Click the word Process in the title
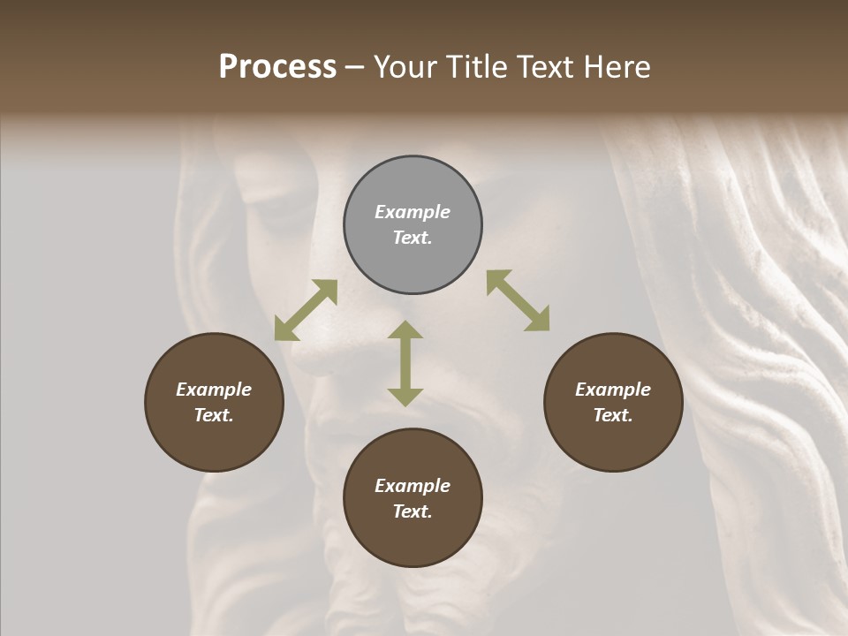[277, 67]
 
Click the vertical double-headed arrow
[405, 363]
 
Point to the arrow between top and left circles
[306, 310]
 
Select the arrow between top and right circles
[518, 300]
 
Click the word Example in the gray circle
[413, 212]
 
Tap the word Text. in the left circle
[214, 415]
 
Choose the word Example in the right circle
[613, 390]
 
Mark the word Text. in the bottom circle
[413, 511]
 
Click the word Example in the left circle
[214, 390]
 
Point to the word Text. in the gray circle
[413, 238]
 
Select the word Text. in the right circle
[613, 415]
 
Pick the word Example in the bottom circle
[413, 486]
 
